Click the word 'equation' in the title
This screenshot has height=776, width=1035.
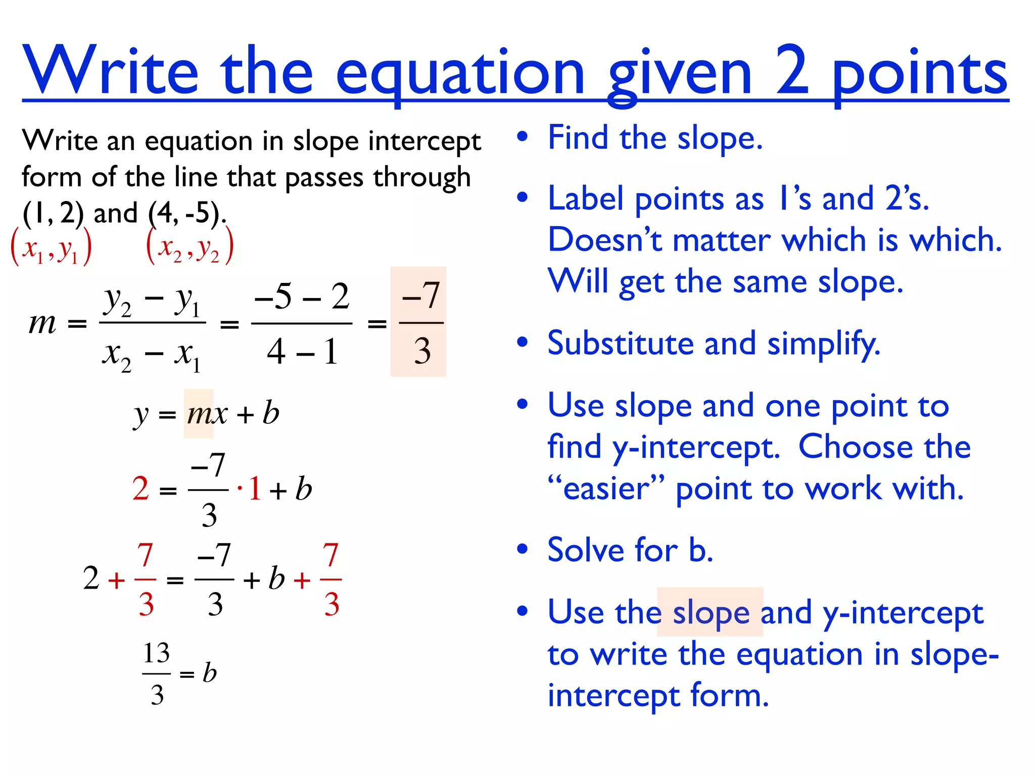click(x=459, y=73)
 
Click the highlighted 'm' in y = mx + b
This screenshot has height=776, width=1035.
click(x=198, y=414)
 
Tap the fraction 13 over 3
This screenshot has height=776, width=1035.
click(x=157, y=673)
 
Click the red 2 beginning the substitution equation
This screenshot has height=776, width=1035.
click(x=140, y=489)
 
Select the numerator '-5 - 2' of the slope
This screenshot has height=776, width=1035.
click(x=302, y=296)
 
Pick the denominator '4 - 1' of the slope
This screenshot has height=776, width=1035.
click(x=302, y=352)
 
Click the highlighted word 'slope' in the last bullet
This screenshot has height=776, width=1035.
click(x=711, y=612)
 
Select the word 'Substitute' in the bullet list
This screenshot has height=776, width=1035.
click(x=621, y=344)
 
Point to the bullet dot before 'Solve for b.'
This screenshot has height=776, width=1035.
click(x=523, y=549)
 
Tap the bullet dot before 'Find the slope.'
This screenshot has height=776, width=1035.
click(x=523, y=136)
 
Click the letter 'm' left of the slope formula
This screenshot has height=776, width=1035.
click(x=42, y=323)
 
